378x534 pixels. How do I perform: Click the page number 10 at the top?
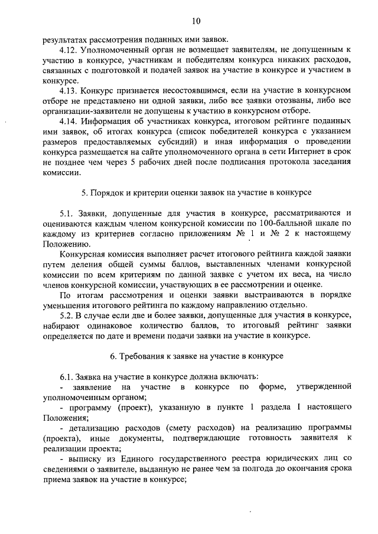(x=196, y=21)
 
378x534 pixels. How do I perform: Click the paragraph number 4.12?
(x=69, y=51)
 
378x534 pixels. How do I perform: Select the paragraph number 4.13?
(x=69, y=90)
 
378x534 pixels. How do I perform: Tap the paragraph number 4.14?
(x=69, y=122)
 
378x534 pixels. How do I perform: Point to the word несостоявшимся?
(x=195, y=90)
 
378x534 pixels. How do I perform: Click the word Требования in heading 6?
(x=145, y=356)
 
